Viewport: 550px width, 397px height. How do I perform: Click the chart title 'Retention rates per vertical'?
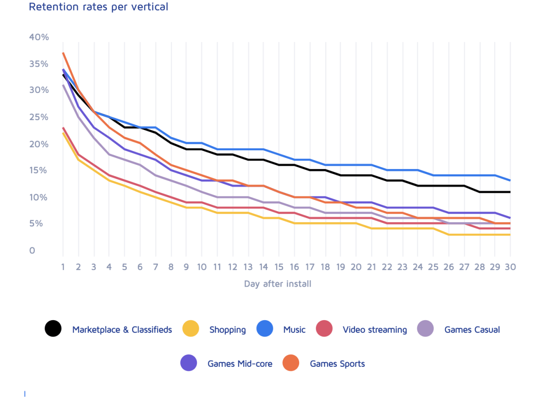[98, 7]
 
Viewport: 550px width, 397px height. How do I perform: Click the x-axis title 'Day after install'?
[278, 284]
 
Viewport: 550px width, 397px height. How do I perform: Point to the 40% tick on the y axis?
[39, 37]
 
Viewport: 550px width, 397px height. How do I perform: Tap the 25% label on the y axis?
[39, 117]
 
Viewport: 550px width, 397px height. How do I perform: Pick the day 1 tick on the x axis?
[63, 267]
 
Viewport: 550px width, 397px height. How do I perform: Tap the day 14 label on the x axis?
[263, 267]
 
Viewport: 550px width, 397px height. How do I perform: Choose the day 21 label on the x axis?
[372, 267]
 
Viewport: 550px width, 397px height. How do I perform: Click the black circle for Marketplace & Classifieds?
[53, 329]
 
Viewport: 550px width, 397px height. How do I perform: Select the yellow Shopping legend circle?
[191, 329]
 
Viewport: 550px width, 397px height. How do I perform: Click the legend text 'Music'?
[294, 330]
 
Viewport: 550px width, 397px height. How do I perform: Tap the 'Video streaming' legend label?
[374, 330]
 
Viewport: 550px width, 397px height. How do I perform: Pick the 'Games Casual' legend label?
[472, 330]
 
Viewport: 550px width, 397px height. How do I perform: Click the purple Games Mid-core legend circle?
[189, 363]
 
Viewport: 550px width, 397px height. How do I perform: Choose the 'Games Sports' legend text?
[337, 364]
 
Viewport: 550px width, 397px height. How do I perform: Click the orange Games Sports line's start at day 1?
[63, 53]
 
